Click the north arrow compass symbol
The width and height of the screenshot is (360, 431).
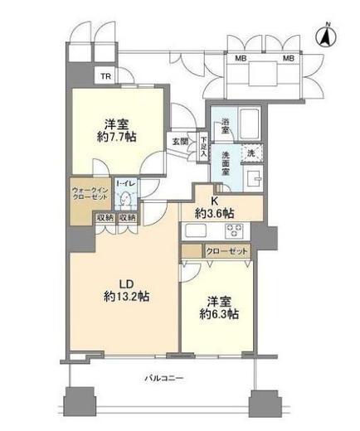point(326,36)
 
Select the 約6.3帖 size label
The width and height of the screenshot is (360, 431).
point(220,315)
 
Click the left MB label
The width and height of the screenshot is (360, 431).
point(241,58)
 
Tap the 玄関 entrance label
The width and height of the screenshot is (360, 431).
point(180,142)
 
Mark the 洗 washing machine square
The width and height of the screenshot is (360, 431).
point(251,153)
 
